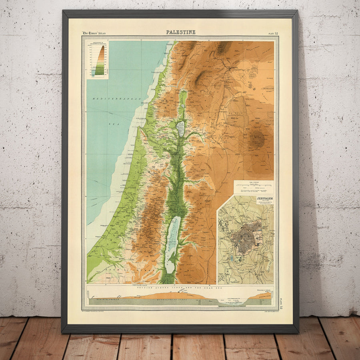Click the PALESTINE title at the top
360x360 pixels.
coord(181,32)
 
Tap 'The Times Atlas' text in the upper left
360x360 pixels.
coord(94,32)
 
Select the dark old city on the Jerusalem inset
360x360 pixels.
coord(248,236)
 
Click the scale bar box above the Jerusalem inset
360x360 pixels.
coord(254,187)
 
